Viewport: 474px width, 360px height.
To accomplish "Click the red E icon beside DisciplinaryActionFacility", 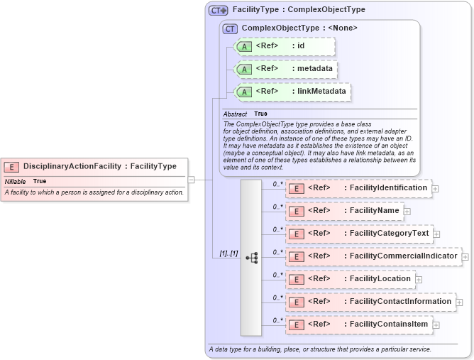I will pyautogui.click(x=11, y=166).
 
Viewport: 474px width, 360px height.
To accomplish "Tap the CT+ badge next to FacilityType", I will pyautogui.click(x=218, y=10).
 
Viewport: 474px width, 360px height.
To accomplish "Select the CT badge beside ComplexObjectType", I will pyautogui.click(x=230, y=28).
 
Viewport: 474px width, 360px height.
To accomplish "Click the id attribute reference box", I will pyautogui.click(x=284, y=46).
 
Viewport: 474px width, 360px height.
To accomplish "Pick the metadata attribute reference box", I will pyautogui.click(x=284, y=69).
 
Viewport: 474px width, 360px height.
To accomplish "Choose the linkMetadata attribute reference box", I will pyautogui.click(x=292, y=92).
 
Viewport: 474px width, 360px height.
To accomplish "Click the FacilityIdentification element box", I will pyautogui.click(x=358, y=188).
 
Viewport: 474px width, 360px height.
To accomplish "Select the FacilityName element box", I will pyautogui.click(x=344, y=211).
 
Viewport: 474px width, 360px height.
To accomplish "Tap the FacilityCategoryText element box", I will pyautogui.click(x=359, y=233).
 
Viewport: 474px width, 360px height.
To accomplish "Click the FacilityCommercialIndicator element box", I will pyautogui.click(x=373, y=256).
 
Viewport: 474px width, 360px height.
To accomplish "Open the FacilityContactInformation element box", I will pyautogui.click(x=370, y=301).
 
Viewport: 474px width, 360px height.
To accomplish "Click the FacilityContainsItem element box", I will pyautogui.click(x=358, y=324).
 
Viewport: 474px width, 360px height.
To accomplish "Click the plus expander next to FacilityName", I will pyautogui.click(x=407, y=211).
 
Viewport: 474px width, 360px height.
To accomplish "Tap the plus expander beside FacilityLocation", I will pyautogui.click(x=419, y=279).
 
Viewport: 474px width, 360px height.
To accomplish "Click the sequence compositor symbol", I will pyautogui.click(x=251, y=258).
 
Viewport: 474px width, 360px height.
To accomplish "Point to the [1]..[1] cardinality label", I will pyautogui.click(x=228, y=253).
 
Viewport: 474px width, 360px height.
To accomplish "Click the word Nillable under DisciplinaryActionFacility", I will pyautogui.click(x=15, y=181).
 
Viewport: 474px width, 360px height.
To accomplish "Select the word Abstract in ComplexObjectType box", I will pyautogui.click(x=235, y=114).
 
